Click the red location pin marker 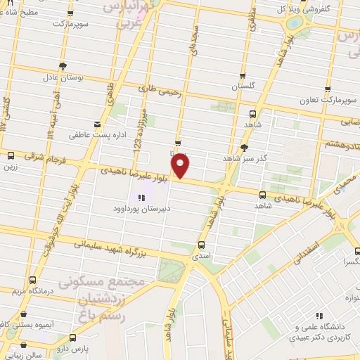click(x=181, y=167)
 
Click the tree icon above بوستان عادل click(x=63, y=66)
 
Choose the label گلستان click(x=243, y=87)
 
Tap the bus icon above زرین click(x=10, y=156)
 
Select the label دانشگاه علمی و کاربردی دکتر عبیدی click(x=323, y=333)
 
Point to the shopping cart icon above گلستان click(x=243, y=76)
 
